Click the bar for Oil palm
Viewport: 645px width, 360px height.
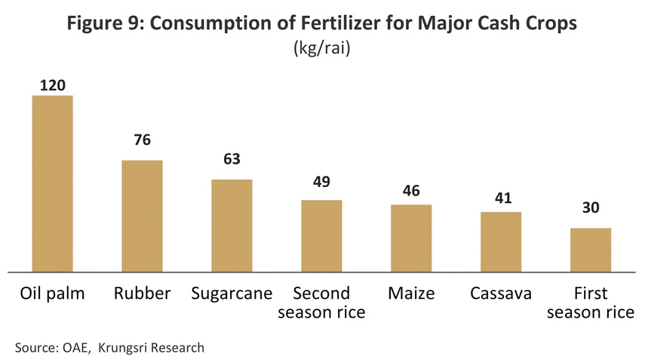52,183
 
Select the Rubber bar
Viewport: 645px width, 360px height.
142,216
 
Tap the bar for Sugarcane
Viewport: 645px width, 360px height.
232,225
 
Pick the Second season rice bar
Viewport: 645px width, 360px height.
321,235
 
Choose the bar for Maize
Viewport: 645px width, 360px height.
411,238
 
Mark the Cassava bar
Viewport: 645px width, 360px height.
501,242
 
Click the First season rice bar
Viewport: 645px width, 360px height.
591,250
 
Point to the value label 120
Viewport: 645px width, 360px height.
52,85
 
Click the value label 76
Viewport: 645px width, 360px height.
142,140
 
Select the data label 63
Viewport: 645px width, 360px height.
232,160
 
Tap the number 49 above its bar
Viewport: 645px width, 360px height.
321,181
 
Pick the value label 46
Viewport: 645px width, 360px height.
411,191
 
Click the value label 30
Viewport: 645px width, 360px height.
591,209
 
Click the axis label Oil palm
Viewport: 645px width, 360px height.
52,294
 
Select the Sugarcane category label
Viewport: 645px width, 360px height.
232,294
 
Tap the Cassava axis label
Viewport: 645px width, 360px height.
501,294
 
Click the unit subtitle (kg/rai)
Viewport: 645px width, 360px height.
322,49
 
